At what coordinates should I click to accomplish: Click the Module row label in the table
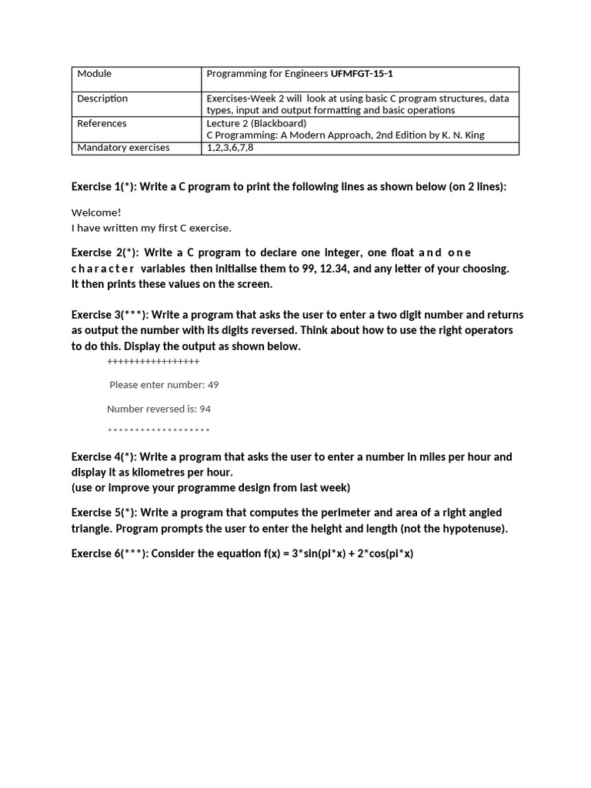click(x=95, y=74)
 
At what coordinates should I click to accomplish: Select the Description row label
click(x=102, y=98)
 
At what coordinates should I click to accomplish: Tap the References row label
click(x=102, y=123)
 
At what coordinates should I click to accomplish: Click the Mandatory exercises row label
click(x=123, y=148)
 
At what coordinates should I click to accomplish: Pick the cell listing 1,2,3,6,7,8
click(x=229, y=148)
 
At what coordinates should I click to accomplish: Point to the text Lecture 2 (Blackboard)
click(x=256, y=123)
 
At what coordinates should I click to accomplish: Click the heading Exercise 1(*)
click(x=102, y=187)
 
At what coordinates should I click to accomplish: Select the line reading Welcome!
click(x=96, y=212)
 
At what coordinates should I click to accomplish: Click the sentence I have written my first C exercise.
click(x=151, y=228)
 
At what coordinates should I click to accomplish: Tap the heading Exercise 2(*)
click(x=103, y=253)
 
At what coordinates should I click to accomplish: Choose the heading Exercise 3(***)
click(x=109, y=315)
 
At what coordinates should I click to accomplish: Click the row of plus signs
click(x=153, y=362)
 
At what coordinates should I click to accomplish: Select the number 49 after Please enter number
click(x=213, y=385)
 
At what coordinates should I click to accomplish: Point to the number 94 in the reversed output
click(x=205, y=409)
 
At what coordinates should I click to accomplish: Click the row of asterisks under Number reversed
click(x=159, y=431)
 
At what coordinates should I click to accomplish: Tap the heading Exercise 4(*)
click(x=102, y=457)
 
